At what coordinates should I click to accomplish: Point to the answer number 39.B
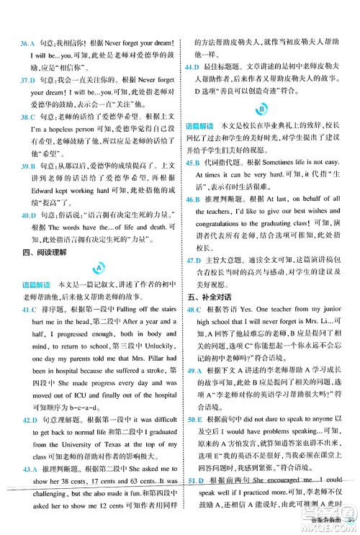30,186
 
